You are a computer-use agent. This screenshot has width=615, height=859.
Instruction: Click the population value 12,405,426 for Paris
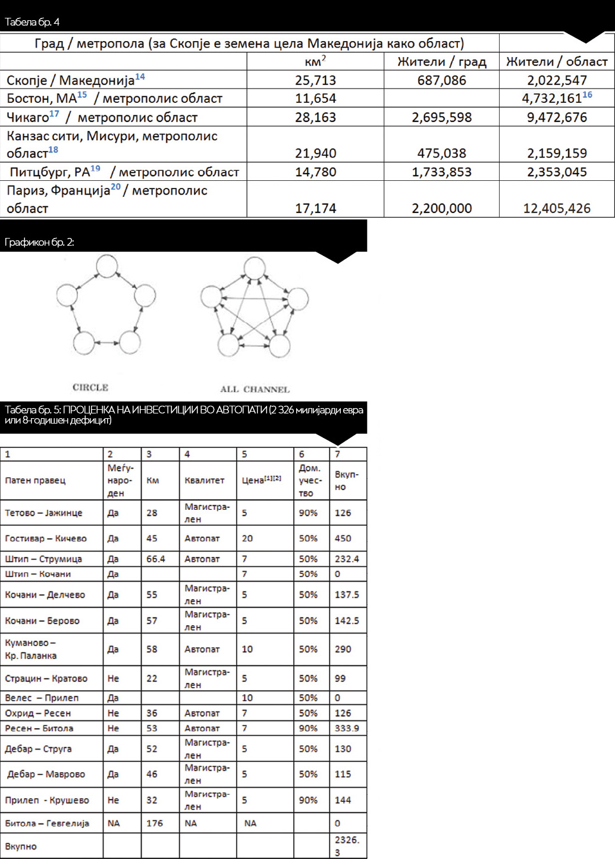[x=557, y=208]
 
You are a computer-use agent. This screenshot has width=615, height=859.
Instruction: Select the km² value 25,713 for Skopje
[x=315, y=80]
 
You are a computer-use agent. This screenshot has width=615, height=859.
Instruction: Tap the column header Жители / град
[x=441, y=62]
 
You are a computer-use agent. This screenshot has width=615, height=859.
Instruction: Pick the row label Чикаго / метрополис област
[x=102, y=117]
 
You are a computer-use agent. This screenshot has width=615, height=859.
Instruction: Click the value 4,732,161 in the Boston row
[x=552, y=98]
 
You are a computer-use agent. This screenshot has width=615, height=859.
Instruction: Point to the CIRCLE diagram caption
[x=90, y=387]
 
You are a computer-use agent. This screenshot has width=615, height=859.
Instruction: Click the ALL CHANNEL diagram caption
[x=255, y=389]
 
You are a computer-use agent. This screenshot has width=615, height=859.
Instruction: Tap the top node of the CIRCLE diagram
[x=107, y=266]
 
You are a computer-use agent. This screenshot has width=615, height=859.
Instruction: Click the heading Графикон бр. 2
[x=39, y=242]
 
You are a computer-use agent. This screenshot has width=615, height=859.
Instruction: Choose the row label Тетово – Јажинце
[x=43, y=513]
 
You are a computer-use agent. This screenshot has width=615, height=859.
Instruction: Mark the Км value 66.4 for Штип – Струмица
[x=156, y=559]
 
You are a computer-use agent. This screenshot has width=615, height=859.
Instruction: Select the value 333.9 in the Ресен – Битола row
[x=347, y=728]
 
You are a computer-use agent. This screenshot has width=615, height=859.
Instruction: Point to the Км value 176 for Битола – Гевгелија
[x=155, y=823]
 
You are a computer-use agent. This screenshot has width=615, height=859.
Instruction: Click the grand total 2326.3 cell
[x=347, y=846]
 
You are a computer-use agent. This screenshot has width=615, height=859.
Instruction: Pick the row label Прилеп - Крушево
[x=47, y=800]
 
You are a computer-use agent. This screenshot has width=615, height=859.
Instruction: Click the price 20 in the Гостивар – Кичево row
[x=247, y=538]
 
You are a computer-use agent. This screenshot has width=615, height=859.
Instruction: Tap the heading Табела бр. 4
[x=32, y=22]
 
